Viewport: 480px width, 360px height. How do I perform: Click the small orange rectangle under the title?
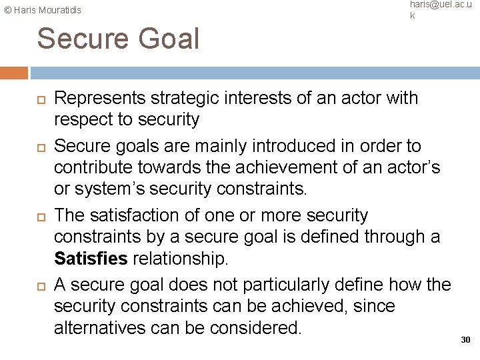pos(14,73)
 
